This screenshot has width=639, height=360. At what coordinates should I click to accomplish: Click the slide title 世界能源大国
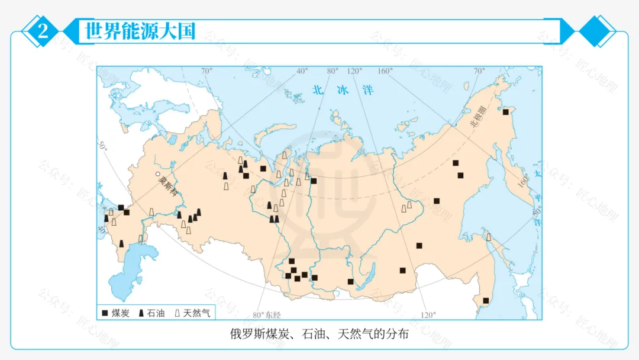click(140, 31)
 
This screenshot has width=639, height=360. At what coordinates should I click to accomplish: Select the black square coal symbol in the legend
click(105, 313)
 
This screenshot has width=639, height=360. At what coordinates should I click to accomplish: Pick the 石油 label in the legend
click(156, 313)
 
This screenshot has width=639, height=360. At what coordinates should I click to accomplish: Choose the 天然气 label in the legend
click(196, 313)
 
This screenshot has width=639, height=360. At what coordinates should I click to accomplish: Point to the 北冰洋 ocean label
click(344, 90)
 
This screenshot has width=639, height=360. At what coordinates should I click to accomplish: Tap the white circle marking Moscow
click(158, 174)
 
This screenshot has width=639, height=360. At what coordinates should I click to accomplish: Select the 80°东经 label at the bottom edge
click(266, 314)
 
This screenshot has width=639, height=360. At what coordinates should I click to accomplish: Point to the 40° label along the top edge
click(302, 71)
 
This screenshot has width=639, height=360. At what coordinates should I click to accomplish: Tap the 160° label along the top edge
click(385, 71)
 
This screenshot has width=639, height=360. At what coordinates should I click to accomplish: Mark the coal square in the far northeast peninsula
click(506, 111)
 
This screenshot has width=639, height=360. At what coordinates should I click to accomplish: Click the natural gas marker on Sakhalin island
click(489, 237)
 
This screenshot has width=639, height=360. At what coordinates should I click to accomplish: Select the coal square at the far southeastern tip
click(486, 301)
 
